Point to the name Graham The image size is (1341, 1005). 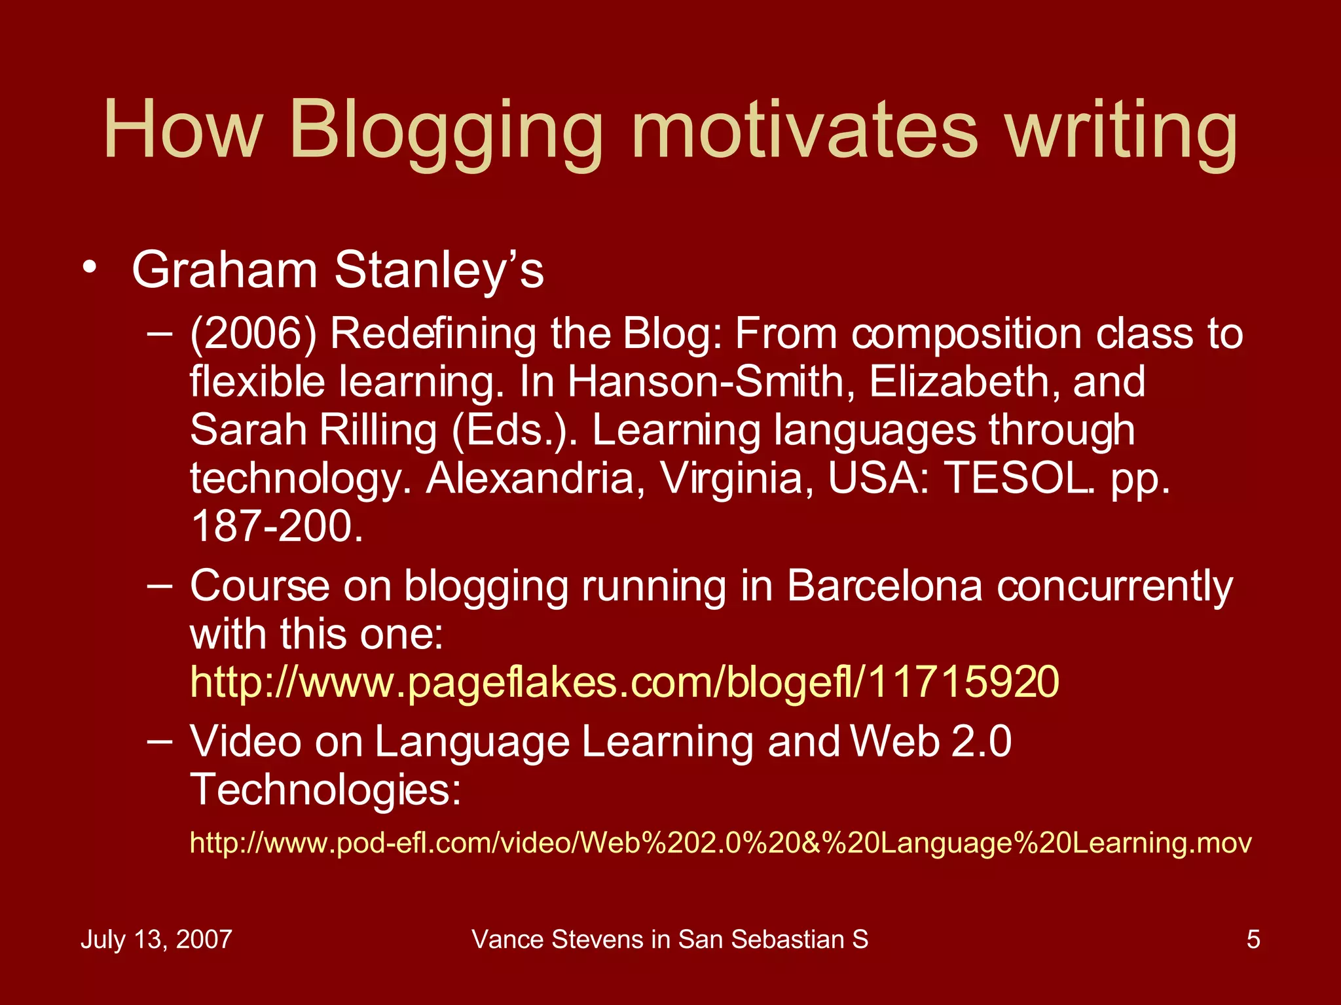[225, 270]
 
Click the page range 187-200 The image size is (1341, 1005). [276, 526]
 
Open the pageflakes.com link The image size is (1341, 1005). [624, 682]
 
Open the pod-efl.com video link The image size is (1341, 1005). [720, 843]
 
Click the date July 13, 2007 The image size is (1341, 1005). [156, 940]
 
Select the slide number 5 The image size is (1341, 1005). [1253, 940]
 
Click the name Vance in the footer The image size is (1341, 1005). [508, 940]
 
